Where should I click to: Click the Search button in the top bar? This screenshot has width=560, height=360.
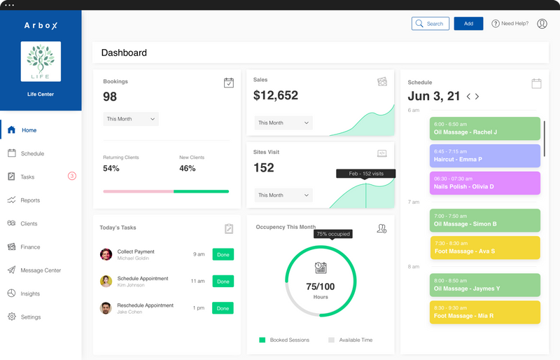[430, 24]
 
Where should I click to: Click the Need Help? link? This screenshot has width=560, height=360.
[510, 24]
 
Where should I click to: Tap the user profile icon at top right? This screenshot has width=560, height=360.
[542, 24]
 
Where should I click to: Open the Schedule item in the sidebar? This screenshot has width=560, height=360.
[32, 153]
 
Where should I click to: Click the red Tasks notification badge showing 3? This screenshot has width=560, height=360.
[71, 176]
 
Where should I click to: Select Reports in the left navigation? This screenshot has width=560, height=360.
[30, 200]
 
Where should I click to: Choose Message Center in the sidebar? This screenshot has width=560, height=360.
[41, 270]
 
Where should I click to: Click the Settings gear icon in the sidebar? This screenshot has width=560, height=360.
[12, 317]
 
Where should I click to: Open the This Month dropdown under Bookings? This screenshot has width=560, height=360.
[131, 119]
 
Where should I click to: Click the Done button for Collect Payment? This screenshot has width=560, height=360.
[223, 254]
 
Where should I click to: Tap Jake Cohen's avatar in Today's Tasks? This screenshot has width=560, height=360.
[106, 308]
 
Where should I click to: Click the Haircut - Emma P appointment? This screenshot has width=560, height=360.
[484, 155]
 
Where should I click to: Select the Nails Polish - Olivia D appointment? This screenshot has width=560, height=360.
[484, 183]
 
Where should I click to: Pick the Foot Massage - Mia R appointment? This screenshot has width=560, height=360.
[484, 312]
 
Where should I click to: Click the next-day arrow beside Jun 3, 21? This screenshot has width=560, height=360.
[477, 97]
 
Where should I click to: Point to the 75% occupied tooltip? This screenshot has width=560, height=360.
[332, 234]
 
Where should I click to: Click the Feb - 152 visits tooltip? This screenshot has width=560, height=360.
[365, 174]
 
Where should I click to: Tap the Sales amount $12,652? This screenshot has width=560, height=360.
[276, 95]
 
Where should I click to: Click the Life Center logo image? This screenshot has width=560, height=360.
[41, 62]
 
